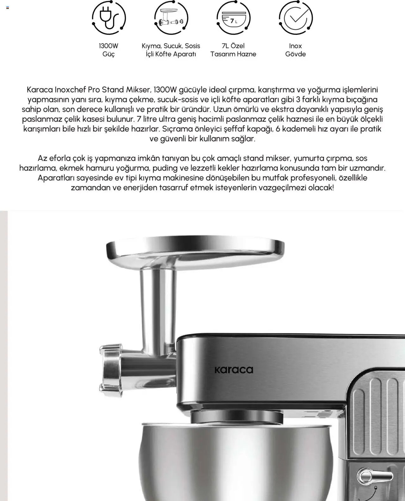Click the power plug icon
(x=109, y=17)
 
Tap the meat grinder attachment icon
(x=171, y=17)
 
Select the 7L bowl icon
(x=233, y=18)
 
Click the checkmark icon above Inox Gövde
(x=296, y=17)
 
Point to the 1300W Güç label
(x=109, y=50)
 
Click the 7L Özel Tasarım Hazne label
(x=233, y=50)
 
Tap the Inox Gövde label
(x=296, y=50)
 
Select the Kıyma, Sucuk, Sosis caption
(x=171, y=46)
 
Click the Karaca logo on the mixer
(x=234, y=370)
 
